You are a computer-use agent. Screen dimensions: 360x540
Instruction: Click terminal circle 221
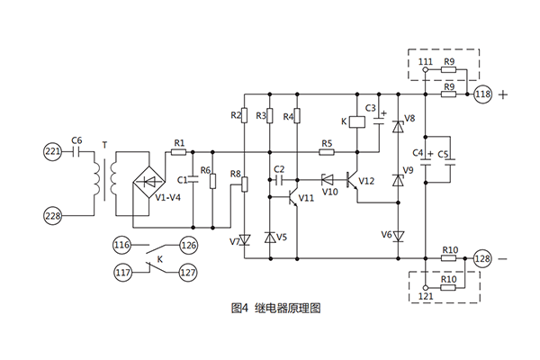pyautogui.click(x=52, y=152)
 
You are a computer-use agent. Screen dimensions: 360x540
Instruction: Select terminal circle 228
pyautogui.click(x=52, y=215)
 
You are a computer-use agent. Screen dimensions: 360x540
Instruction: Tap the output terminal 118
pyautogui.click(x=482, y=94)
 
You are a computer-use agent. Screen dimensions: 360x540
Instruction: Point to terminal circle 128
pyautogui.click(x=482, y=259)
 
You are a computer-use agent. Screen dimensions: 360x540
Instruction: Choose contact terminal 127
pyautogui.click(x=189, y=274)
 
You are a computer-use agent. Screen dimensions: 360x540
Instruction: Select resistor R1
pyautogui.click(x=179, y=152)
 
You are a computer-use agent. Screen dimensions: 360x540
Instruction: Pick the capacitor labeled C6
pyautogui.click(x=76, y=152)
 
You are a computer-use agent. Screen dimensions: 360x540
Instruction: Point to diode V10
pyautogui.click(x=328, y=179)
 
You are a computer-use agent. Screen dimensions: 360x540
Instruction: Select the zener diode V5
pyautogui.click(x=270, y=238)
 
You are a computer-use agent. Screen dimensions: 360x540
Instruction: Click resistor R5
pyautogui.click(x=327, y=152)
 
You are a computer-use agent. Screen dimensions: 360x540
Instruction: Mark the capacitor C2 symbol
pyautogui.click(x=278, y=179)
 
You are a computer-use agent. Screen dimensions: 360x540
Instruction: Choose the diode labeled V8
pyautogui.click(x=398, y=126)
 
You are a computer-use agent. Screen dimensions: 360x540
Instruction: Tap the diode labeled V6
pyautogui.click(x=398, y=236)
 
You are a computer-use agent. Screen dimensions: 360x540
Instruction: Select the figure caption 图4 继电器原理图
pyautogui.click(x=269, y=308)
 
